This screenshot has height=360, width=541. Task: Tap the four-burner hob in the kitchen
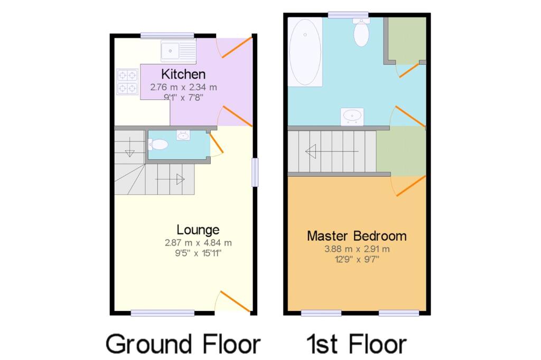tap(127, 82)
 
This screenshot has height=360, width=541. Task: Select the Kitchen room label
tap(183, 74)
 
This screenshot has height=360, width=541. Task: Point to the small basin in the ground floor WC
tap(183, 136)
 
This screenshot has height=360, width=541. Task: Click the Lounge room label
tap(198, 230)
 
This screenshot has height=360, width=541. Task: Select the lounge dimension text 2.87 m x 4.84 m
tap(198, 243)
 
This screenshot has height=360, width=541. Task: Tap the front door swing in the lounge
tap(233, 301)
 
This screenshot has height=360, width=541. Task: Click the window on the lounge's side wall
tap(255, 172)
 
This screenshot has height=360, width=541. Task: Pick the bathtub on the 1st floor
tap(305, 52)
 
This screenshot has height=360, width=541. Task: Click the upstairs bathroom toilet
tap(361, 33)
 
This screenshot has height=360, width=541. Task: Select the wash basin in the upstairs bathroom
tap(352, 116)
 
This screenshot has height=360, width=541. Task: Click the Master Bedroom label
tap(357, 235)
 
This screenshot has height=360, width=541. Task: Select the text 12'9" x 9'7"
tap(357, 259)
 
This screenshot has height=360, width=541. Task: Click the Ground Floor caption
tap(183, 344)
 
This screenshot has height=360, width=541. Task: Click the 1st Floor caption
tap(357, 344)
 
